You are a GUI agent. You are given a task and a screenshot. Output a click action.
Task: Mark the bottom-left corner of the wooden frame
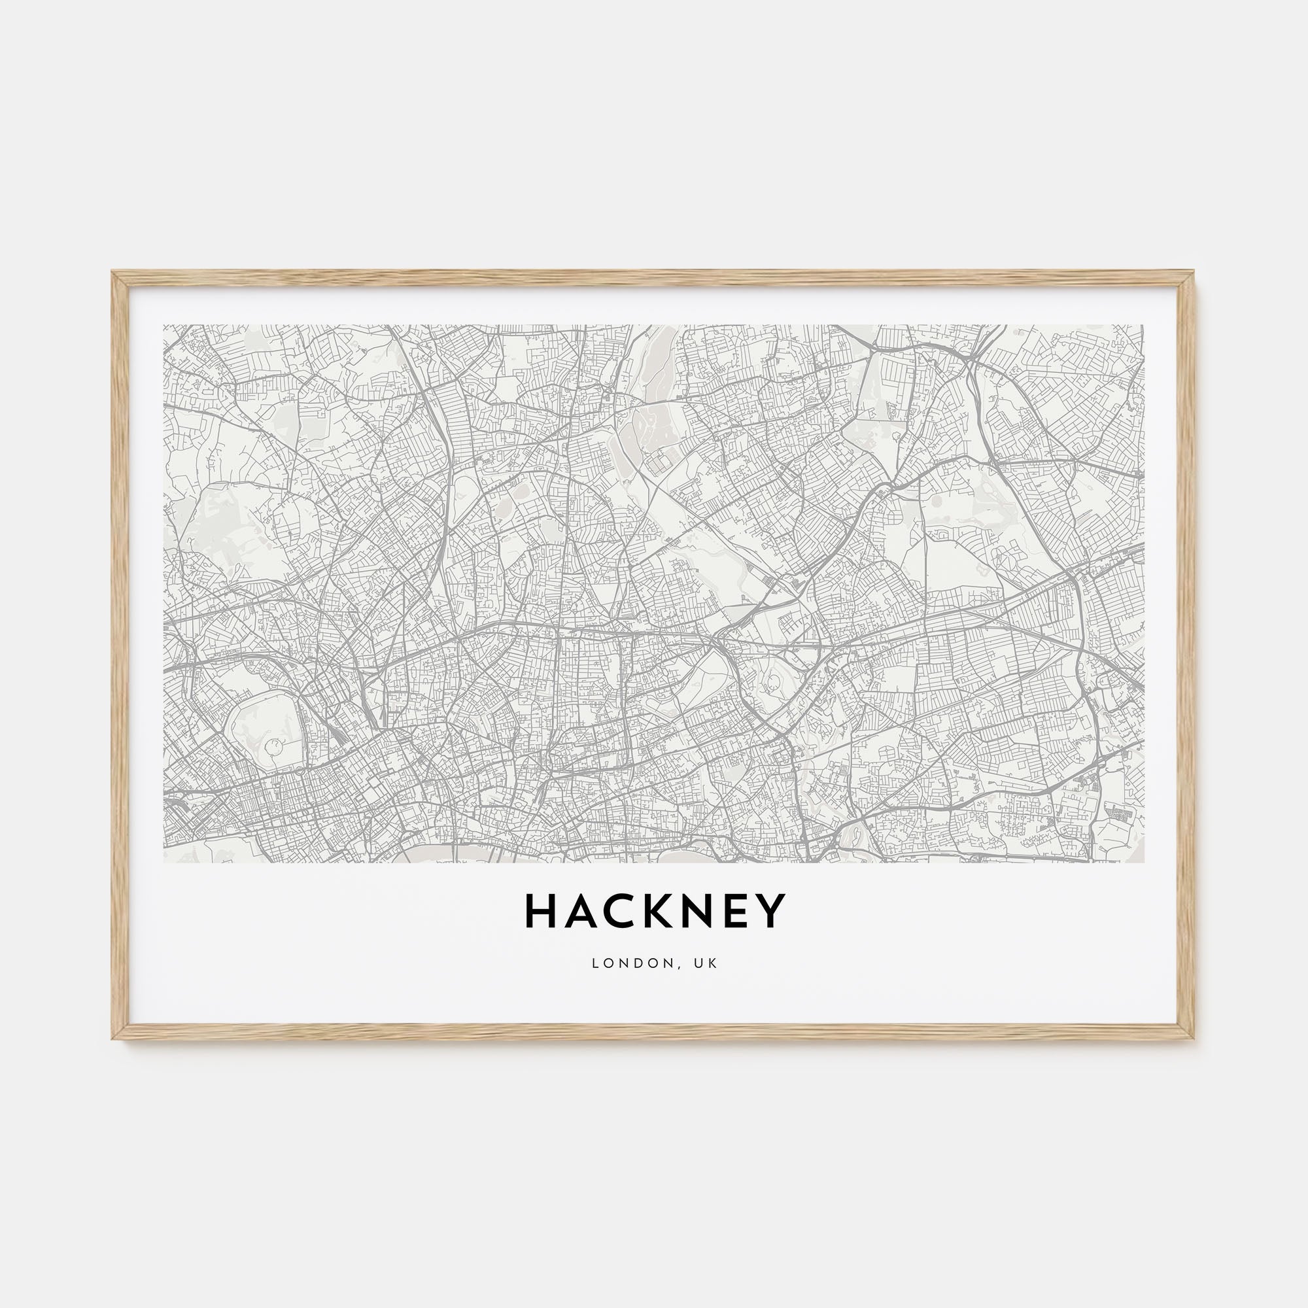coord(113,1038)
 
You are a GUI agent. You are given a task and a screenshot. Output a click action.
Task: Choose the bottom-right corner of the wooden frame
coord(1194,1038)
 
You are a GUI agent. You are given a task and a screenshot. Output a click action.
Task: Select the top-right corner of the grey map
coord(1143,326)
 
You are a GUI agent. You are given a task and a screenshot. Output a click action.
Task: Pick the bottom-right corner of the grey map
coord(1143,863)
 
